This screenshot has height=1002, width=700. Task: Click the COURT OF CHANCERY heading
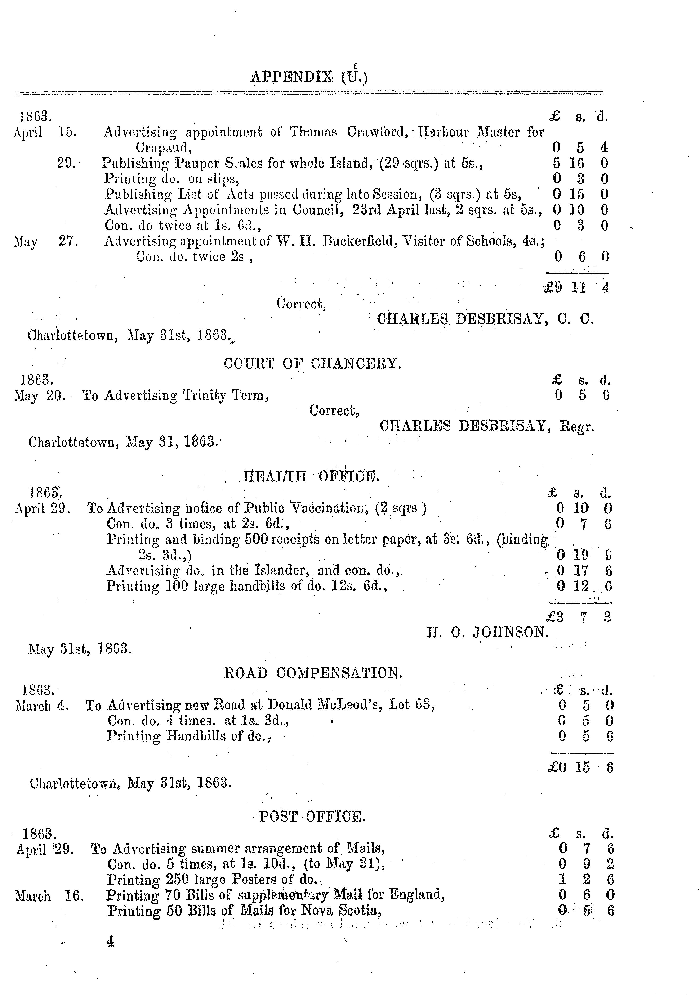point(312,363)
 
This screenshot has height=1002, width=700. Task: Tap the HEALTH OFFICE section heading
point(311,476)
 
